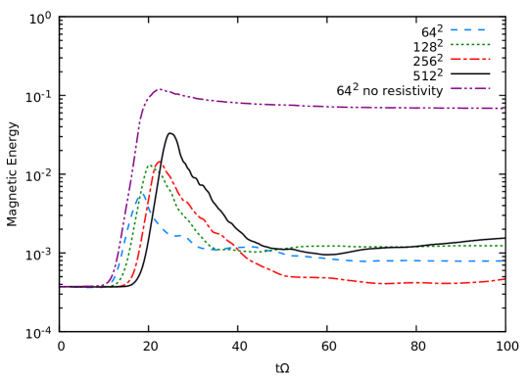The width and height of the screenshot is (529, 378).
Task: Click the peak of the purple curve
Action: tap(159, 89)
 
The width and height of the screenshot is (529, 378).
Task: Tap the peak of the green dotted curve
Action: tap(149, 165)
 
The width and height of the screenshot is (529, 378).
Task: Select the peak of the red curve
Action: tap(161, 164)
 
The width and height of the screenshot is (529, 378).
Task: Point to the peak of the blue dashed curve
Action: tap(140, 194)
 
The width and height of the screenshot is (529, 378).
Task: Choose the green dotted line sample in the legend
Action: tap(469, 44)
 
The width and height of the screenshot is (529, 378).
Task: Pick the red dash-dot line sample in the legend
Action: tap(469, 59)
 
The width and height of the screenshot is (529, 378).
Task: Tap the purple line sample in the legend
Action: tap(469, 88)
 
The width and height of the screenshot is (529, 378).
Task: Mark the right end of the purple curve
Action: tap(503, 108)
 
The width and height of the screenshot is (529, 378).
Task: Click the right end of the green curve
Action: tap(503, 246)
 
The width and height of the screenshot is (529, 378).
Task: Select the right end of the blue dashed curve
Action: tap(503, 261)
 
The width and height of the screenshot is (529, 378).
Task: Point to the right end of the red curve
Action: tap(504, 279)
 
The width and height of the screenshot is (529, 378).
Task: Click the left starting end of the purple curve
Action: tap(61, 287)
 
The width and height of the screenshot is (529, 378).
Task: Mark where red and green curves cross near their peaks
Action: tap(157, 168)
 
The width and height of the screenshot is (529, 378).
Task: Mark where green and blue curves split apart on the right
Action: tap(278, 251)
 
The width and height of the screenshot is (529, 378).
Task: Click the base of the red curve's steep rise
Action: tap(126, 282)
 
